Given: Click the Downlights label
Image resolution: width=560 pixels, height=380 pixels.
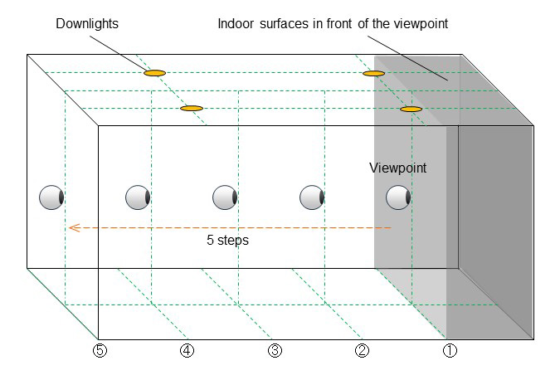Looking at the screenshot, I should pos(87,24).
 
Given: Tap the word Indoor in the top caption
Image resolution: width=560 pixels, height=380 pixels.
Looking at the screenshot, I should pos(236,24).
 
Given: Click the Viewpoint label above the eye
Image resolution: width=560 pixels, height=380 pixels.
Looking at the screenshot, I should pos(397,168).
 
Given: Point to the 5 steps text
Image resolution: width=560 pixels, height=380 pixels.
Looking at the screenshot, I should pos(227,241).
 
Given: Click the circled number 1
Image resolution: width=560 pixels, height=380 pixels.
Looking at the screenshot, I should pos(449,350).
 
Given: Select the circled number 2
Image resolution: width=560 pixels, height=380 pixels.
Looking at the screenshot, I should pos(362,350).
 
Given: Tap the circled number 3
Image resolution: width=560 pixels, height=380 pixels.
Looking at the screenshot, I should pos(275,350).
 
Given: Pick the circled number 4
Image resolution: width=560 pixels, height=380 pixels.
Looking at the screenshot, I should pos(187,350).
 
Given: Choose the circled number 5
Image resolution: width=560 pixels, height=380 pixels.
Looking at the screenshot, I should pos(100,350).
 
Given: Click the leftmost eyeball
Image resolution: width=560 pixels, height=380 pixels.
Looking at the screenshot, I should pos(51,197).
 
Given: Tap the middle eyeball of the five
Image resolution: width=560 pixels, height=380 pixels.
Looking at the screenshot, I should pos(225,197).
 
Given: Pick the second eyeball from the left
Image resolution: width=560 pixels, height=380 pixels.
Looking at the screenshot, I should pos(138,197).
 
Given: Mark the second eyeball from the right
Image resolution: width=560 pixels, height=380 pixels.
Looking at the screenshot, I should pos(311,197).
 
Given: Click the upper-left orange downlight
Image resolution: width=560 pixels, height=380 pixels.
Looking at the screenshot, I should pos(154,73).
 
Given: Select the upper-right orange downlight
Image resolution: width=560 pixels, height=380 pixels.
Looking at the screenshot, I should pos(374,73).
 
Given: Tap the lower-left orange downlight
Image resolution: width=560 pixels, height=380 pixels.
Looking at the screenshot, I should pos(192,109).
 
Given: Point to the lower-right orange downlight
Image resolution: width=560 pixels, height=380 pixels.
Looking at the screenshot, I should pos(411,109).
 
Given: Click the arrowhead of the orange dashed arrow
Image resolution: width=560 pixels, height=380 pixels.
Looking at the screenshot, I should pos(73,227).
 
